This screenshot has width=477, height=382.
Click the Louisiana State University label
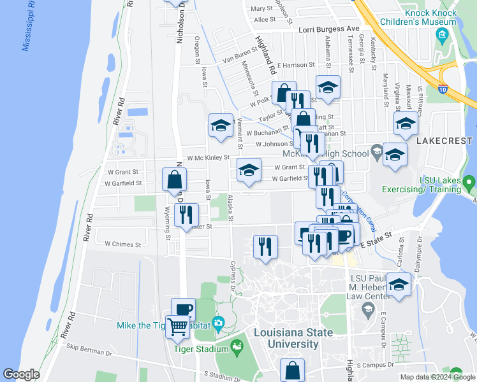click(x=293, y=338)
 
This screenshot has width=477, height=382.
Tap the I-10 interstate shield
click(x=443, y=88)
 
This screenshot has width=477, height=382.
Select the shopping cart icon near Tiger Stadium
click(x=178, y=327)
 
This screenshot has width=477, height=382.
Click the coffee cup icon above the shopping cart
click(x=183, y=309)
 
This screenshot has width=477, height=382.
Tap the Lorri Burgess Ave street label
click(x=330, y=29)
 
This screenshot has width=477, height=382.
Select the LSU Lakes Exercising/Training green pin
click(x=470, y=185)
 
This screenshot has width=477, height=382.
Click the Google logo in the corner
click(x=20, y=374)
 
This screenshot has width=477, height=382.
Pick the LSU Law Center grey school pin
click(x=367, y=310)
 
